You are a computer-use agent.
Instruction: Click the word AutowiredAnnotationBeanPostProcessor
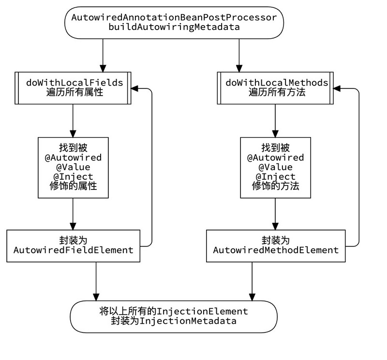(x=174, y=18)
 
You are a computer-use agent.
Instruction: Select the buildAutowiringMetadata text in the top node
(x=174, y=27)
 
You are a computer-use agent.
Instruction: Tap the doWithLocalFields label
(x=74, y=83)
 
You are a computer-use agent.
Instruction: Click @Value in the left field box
(x=73, y=167)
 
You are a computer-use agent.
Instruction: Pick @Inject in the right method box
(x=275, y=177)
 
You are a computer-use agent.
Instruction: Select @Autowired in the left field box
(x=73, y=158)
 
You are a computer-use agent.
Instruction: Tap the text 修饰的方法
(x=275, y=186)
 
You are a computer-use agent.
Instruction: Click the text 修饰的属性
(x=73, y=186)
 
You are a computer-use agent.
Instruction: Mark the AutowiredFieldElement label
(x=73, y=250)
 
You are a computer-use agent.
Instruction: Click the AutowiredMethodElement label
(x=276, y=250)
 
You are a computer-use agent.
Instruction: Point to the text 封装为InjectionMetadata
(x=174, y=321)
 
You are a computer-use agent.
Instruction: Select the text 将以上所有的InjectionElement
(x=174, y=312)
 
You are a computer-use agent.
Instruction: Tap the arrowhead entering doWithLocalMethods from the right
(x=337, y=89)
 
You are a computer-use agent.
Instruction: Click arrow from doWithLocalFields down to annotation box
(x=73, y=120)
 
